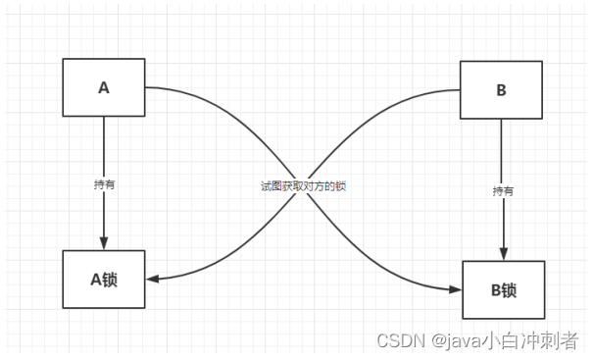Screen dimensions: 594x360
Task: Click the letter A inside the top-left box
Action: click(104, 88)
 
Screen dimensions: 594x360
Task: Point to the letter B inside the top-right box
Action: click(501, 90)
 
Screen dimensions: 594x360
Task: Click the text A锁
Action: click(104, 280)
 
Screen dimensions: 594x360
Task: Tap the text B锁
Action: click(504, 290)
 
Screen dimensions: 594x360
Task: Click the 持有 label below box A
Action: click(104, 185)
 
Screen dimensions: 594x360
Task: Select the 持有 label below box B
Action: click(503, 191)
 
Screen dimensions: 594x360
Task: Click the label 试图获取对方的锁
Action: click(304, 186)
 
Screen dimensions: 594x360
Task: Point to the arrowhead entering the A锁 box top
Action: click(104, 243)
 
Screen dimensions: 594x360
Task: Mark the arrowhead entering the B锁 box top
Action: click(504, 254)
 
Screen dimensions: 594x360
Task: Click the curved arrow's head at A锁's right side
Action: click(152, 280)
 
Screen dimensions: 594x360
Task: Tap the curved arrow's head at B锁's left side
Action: click(456, 290)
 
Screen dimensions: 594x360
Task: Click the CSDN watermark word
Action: click(401, 340)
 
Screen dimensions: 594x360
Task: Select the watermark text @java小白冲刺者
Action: click(505, 340)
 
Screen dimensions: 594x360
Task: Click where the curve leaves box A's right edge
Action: click(145, 87)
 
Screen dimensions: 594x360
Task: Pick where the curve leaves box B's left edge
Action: click(460, 90)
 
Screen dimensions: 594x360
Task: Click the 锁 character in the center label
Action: click(341, 186)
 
